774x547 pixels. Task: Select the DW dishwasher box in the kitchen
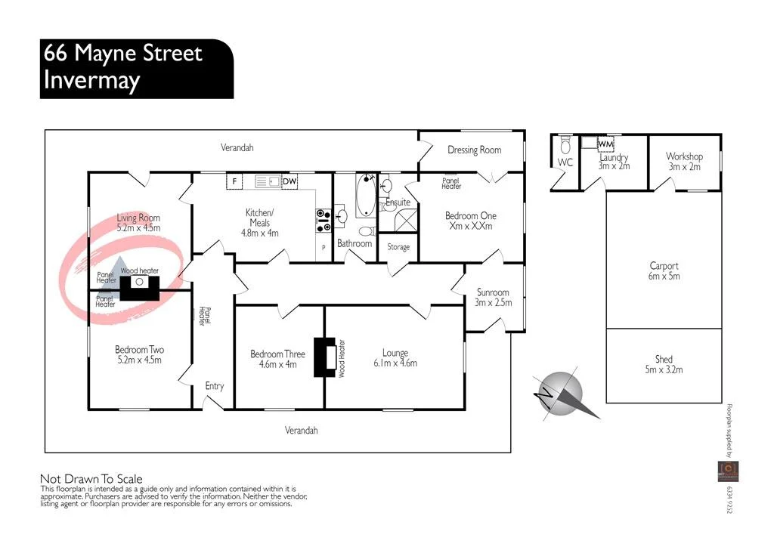point(289,181)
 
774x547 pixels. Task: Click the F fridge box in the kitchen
point(235,181)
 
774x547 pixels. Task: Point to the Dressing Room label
point(474,150)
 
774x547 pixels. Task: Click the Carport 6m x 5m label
point(664,270)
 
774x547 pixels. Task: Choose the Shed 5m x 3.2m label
point(664,364)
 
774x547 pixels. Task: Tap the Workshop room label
point(684,161)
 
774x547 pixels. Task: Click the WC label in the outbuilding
point(565,162)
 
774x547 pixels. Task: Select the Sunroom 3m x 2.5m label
point(493,297)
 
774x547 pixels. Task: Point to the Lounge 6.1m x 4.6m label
point(395,357)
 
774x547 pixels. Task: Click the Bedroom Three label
point(278,358)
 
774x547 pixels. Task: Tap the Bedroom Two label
point(139,354)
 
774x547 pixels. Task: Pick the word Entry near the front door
point(215,386)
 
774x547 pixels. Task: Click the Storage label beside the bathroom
point(398,247)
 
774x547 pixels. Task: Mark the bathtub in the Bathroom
point(367,194)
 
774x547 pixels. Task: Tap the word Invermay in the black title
point(91,80)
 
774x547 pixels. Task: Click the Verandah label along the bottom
point(301,430)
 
